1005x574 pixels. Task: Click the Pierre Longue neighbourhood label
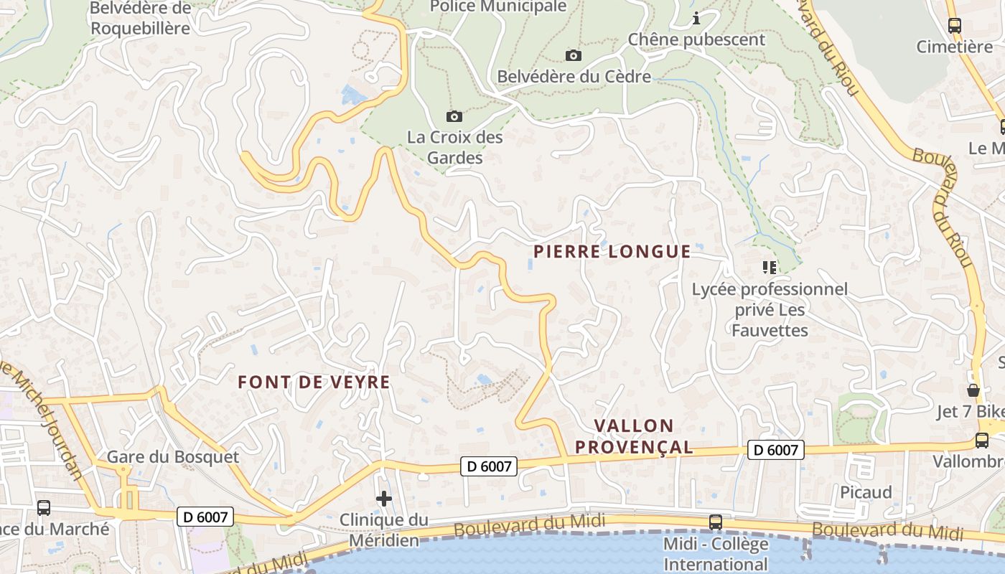point(612,252)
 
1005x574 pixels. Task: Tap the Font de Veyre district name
point(314,382)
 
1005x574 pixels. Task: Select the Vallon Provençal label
point(634,436)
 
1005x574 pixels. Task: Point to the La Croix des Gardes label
point(455,147)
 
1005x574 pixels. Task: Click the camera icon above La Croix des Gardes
point(454,116)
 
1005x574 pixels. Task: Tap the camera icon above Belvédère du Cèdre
point(574,55)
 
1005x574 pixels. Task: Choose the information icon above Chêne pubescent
point(696,18)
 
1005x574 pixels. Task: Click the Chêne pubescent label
point(696,39)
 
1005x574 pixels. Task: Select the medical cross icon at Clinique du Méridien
point(384,498)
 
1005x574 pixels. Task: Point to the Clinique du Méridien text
point(384,530)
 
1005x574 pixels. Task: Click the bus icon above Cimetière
point(955,25)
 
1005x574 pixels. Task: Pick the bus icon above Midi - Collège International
point(716,522)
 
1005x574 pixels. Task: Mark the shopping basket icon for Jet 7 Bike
point(973,390)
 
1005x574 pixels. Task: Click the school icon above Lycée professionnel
point(770,268)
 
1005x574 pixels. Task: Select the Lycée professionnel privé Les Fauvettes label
point(770,310)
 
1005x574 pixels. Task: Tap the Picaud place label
point(866,492)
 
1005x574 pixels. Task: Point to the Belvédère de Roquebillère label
point(141,19)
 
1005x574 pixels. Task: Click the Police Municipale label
point(498,6)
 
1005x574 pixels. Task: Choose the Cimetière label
point(954,47)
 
